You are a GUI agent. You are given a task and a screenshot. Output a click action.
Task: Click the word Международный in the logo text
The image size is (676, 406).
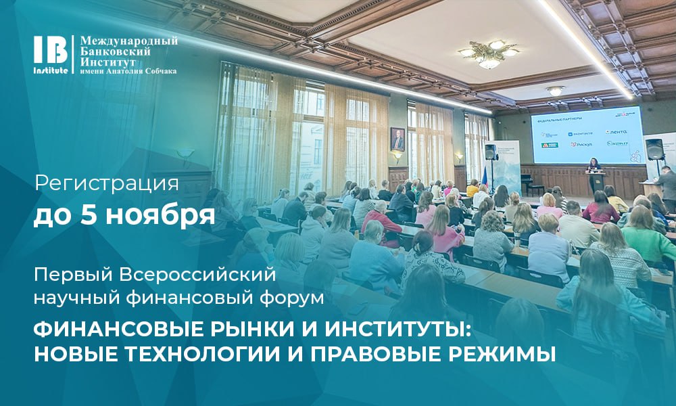[129, 41]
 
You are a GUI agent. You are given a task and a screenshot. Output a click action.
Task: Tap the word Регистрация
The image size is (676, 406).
[106, 183]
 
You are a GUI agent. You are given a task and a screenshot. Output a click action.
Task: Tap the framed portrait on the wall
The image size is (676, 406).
[397, 139]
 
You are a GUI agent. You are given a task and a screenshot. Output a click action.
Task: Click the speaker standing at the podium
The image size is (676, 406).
[595, 173]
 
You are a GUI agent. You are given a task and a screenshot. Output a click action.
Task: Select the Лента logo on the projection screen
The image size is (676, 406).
[617, 132]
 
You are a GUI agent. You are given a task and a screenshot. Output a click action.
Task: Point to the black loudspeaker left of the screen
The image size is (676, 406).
[491, 152]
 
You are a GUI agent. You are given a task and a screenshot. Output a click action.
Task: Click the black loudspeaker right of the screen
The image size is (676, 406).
[655, 149]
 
